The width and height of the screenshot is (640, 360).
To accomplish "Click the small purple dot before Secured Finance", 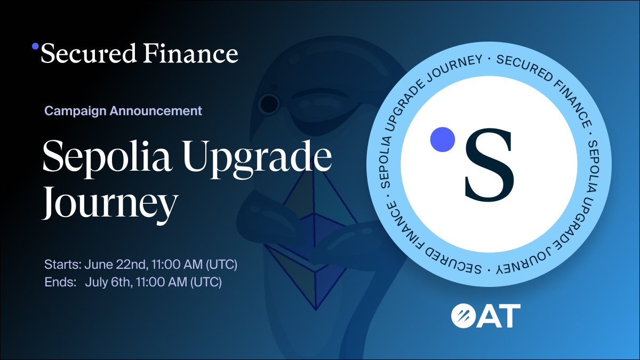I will point(35,46).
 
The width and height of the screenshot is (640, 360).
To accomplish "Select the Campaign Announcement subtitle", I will point(123,111).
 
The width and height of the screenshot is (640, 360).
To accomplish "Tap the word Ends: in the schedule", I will point(60,282).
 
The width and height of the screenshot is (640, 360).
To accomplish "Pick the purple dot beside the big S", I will point(442,138).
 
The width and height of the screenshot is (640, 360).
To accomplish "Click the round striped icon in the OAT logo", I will point(463,316).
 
